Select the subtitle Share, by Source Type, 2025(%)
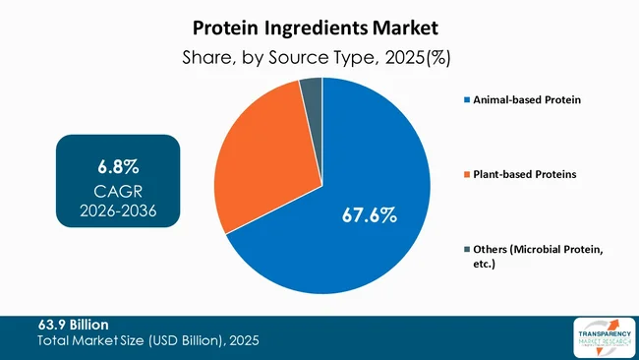[319, 58]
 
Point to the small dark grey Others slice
[312, 91]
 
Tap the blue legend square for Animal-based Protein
[466, 100]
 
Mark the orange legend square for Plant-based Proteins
[466, 175]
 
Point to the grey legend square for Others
[466, 250]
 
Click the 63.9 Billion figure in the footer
[74, 325]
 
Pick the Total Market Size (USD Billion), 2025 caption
[148, 340]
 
